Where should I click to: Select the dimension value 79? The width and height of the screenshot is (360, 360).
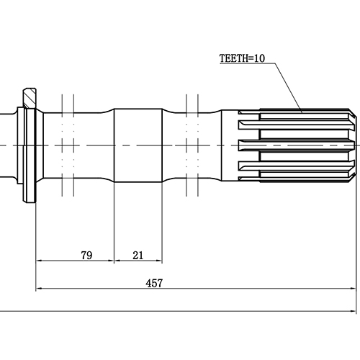tap(86, 256)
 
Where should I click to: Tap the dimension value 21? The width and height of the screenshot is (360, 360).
tap(138, 256)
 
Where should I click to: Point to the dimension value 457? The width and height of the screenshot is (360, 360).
tap(153, 283)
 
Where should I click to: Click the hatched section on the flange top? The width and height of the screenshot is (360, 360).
tap(28, 96)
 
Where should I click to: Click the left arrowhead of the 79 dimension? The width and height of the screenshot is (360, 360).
tap(39, 263)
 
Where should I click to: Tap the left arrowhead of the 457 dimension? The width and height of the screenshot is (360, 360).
tap(39, 289)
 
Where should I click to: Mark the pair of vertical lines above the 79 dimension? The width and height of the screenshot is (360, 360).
tap(69, 144)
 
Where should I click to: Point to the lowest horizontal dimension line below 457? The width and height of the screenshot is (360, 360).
tap(180, 312)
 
